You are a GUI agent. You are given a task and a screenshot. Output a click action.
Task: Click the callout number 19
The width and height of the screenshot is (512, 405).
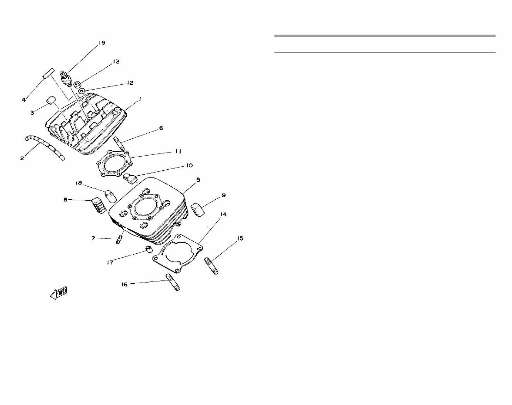click(102, 43)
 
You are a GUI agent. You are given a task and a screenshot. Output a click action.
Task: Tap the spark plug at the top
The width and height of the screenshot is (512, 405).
click(66, 78)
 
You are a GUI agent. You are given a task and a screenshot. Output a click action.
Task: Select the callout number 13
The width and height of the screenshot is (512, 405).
click(116, 62)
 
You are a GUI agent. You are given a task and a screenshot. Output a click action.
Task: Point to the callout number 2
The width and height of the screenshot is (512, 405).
click(22, 158)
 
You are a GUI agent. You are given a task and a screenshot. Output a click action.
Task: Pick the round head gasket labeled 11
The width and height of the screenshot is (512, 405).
click(113, 164)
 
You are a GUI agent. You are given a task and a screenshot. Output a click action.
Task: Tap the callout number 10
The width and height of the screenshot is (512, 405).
click(189, 165)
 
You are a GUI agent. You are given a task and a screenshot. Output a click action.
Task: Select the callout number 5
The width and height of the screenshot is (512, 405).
click(198, 180)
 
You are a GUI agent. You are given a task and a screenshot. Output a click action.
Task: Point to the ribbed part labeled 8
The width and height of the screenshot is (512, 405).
click(99, 205)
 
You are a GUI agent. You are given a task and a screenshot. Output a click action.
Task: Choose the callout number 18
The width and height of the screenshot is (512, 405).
click(79, 183)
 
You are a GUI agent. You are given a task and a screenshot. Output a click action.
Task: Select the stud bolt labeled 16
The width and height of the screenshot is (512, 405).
click(173, 283)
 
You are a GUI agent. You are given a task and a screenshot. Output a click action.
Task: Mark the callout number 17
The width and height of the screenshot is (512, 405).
click(110, 262)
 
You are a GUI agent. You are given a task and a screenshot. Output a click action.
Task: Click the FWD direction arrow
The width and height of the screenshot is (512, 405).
click(59, 293)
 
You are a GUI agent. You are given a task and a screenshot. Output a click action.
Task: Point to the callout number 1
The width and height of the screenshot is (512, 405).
click(140, 99)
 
